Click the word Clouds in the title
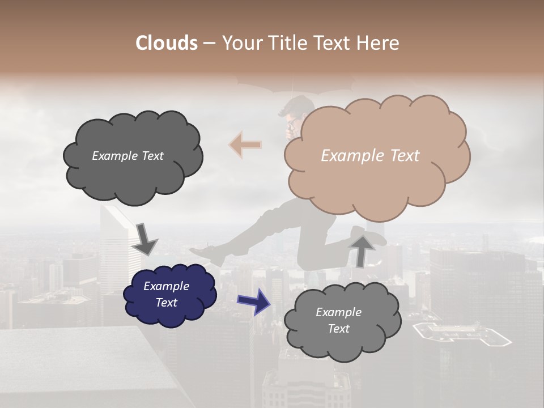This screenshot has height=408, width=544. (167, 43)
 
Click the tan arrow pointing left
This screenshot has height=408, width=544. (245, 145)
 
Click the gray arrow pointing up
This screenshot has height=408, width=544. (362, 249)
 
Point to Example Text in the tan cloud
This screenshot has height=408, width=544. (371, 156)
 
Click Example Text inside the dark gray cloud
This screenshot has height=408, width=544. (128, 156)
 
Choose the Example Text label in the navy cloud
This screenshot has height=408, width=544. (167, 295)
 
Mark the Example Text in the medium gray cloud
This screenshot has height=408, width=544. (339, 321)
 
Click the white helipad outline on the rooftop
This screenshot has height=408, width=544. (461, 334)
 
